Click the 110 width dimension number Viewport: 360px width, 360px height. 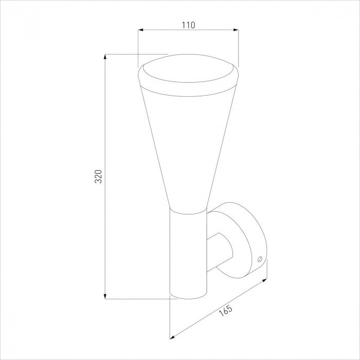(x=188, y=25)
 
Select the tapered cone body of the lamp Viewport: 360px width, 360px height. (x=188, y=144)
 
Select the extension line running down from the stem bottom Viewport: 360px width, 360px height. (x=171, y=319)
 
